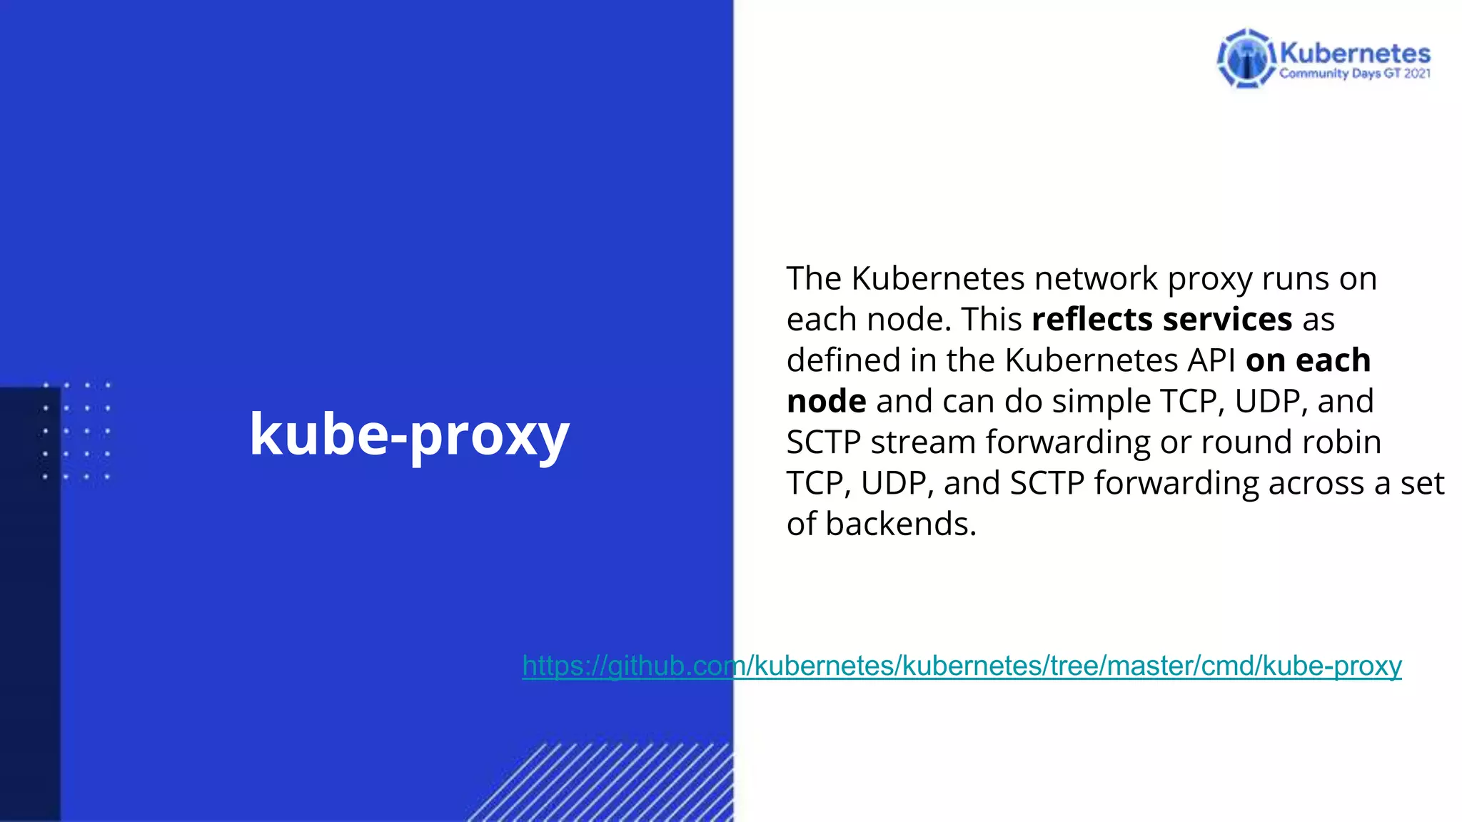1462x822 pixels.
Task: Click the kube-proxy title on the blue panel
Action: tap(409, 435)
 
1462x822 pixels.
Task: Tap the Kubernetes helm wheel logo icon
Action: tap(1246, 59)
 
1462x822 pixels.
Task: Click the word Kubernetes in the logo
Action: tap(1355, 54)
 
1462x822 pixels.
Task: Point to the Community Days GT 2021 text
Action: tap(1354, 73)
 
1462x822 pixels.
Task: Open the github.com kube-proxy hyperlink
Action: tap(962, 666)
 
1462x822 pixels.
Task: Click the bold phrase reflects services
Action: tap(1161, 319)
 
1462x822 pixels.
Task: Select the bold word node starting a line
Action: tap(826, 401)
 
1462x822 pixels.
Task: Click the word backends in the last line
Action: tap(900, 524)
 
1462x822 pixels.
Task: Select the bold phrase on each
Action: tap(1308, 360)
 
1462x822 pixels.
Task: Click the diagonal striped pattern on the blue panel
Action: tap(614, 785)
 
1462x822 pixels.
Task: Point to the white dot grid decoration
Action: tap(76, 431)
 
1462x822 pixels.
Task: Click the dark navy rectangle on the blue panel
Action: tap(30, 607)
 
